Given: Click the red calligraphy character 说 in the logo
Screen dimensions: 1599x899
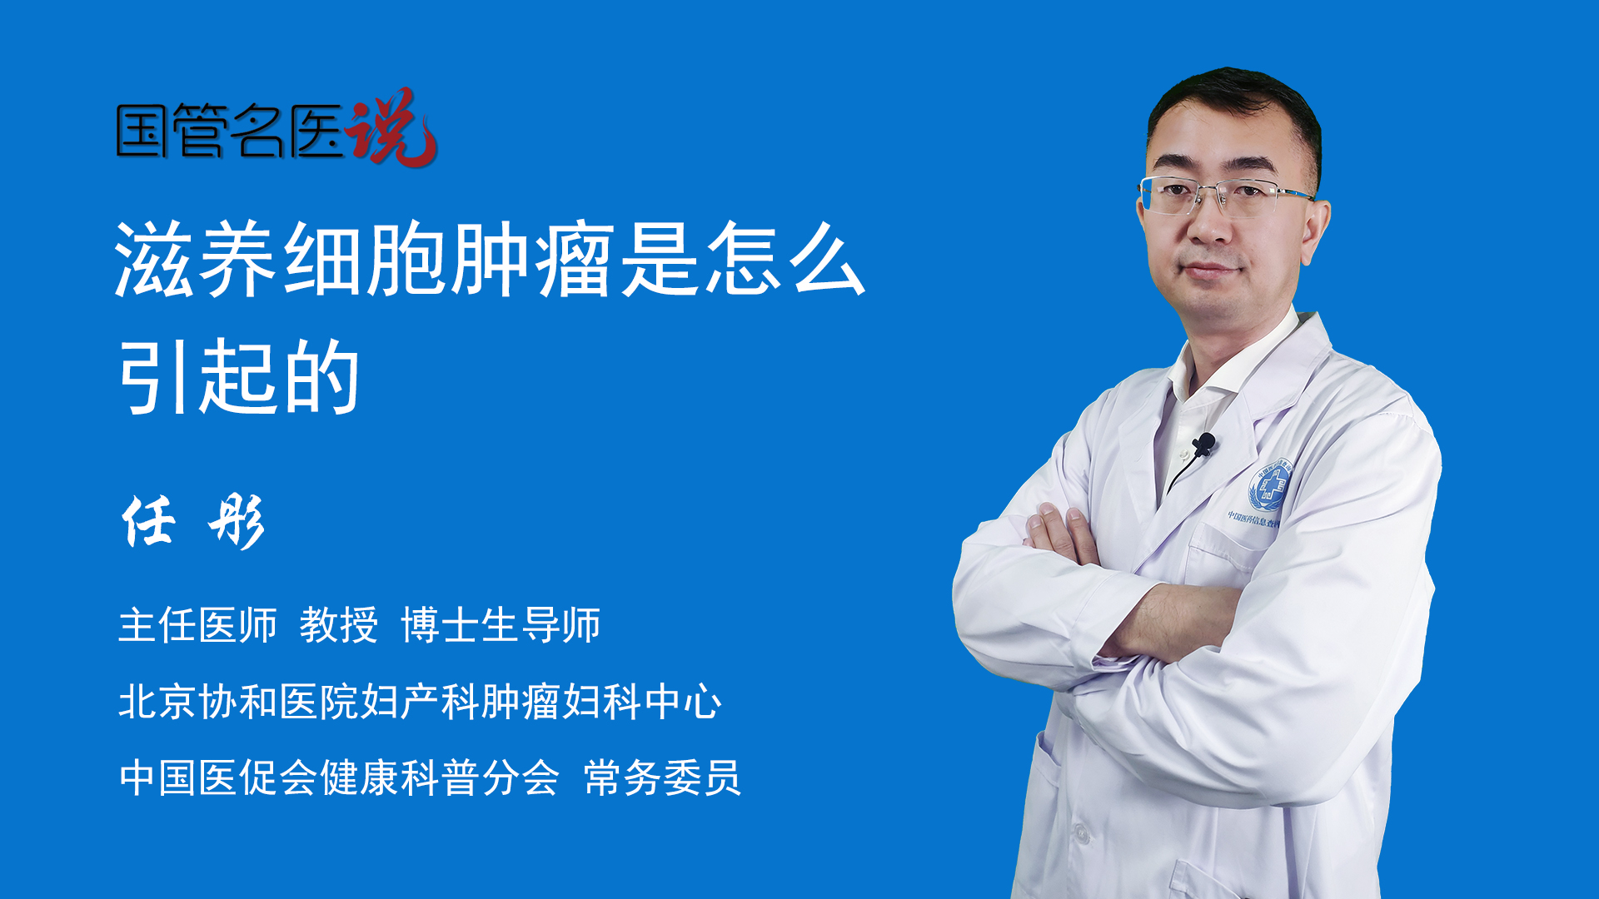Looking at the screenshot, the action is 391,127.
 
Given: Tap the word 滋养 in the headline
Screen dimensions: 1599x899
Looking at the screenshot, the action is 197,260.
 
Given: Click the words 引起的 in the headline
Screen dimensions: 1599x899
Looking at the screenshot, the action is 240,376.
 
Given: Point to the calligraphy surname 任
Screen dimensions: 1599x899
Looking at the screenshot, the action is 150,522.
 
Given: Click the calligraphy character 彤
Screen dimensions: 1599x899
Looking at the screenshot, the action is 237,522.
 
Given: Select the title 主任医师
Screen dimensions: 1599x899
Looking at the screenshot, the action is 197,625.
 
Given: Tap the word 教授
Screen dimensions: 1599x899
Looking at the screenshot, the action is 339,625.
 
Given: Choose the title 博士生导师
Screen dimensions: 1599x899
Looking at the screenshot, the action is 501,625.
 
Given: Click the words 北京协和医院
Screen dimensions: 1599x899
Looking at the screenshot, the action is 238,701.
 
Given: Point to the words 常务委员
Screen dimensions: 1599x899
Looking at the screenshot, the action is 662,778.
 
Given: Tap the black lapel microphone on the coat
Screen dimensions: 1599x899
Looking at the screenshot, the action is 1204,445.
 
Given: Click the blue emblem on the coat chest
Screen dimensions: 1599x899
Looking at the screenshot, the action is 1268,485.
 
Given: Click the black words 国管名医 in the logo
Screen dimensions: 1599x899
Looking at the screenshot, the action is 230,131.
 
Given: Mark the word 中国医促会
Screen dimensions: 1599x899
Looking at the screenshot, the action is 218,778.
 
